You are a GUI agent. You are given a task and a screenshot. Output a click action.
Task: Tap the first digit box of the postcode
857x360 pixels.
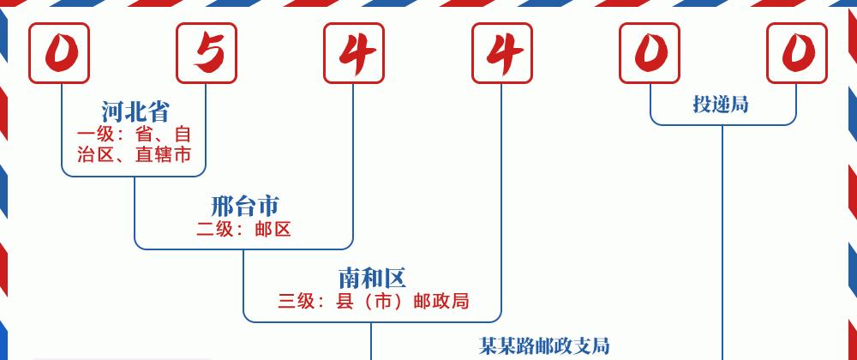[59, 53]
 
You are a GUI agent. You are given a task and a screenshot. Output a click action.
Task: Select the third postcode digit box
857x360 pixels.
[354, 53]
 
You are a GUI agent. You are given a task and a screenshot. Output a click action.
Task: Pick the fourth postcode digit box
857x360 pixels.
[502, 53]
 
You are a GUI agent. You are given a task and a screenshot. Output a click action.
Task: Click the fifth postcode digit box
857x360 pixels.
[650, 53]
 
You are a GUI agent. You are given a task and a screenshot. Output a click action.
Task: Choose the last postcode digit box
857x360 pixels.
[797, 53]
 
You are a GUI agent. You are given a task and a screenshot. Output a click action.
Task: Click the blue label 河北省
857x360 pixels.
[135, 111]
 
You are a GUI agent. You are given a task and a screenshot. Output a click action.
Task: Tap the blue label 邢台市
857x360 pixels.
[244, 206]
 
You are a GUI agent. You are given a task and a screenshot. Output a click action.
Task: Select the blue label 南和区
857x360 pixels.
[372, 278]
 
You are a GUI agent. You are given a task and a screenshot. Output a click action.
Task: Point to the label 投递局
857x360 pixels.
[721, 104]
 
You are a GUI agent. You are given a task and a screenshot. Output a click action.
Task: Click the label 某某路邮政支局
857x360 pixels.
[544, 345]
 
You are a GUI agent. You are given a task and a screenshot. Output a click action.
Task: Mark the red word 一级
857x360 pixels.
[96, 135]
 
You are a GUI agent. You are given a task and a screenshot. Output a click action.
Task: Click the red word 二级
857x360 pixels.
[215, 229]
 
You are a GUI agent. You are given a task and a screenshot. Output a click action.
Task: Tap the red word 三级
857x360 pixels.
[297, 301]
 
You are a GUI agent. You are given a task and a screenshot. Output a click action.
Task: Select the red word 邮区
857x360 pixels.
[273, 229]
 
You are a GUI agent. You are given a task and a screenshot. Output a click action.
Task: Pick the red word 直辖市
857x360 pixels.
[164, 154]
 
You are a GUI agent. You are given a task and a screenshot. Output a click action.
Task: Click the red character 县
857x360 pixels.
[345, 301]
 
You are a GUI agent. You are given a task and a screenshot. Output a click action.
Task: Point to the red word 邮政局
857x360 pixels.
[441, 301]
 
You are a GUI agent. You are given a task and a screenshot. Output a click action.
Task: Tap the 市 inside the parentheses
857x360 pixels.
[383, 301]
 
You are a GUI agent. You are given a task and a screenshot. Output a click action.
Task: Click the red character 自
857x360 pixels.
[183, 135]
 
